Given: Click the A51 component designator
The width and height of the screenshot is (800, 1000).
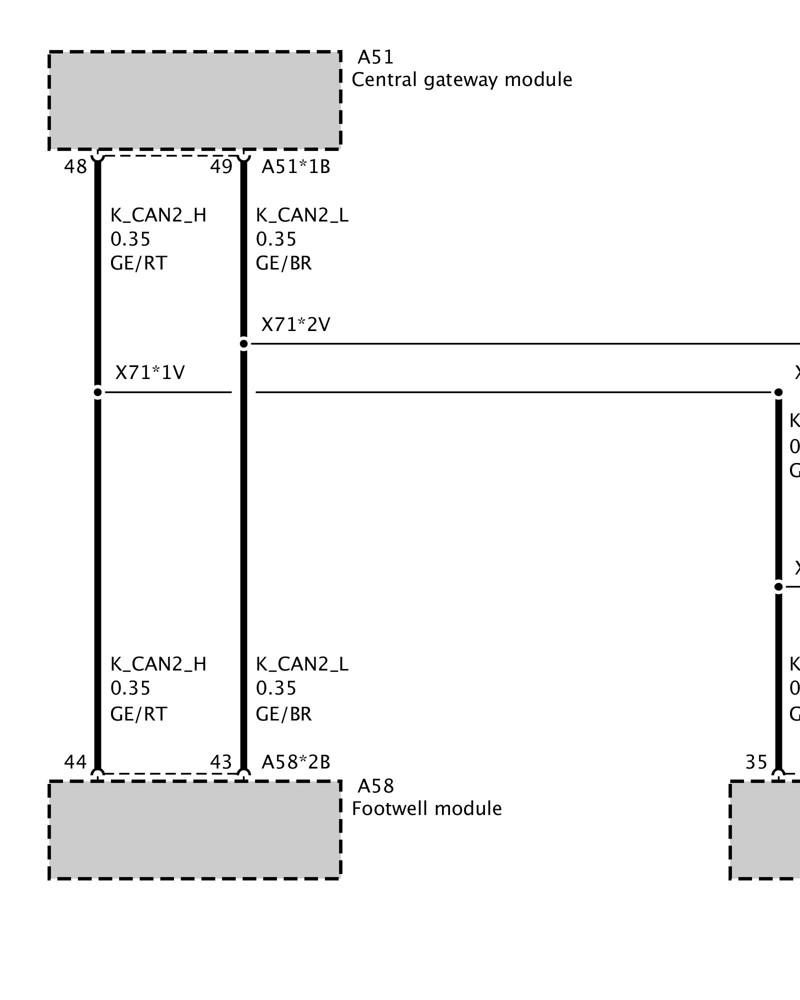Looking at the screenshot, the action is pyautogui.click(x=375, y=57).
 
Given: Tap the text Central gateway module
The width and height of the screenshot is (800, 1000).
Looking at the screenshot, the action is pyautogui.click(x=461, y=80).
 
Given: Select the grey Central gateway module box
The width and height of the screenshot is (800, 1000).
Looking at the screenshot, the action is pyautogui.click(x=194, y=100).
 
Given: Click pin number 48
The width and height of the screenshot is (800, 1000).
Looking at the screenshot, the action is pyautogui.click(x=75, y=167).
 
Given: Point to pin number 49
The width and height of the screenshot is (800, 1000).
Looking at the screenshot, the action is pyautogui.click(x=221, y=167).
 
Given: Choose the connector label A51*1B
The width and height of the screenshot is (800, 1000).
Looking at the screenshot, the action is pyautogui.click(x=296, y=167).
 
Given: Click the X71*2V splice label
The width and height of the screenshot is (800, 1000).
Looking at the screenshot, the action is pyautogui.click(x=296, y=325).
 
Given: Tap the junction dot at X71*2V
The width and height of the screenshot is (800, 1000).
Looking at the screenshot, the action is pyautogui.click(x=243, y=344).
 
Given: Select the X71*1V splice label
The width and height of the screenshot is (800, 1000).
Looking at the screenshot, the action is pyautogui.click(x=150, y=373).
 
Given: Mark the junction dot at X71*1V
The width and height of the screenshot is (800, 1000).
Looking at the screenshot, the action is pyautogui.click(x=98, y=392).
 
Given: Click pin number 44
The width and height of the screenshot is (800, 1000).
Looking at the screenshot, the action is pyautogui.click(x=75, y=762).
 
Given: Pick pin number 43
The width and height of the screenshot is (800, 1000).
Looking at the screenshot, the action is pyautogui.click(x=221, y=762).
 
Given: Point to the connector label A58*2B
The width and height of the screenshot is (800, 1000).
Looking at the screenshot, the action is pyautogui.click(x=296, y=762).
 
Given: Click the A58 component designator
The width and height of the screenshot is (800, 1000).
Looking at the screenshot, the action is pyautogui.click(x=375, y=787).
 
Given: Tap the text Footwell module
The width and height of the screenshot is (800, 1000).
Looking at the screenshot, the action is pyautogui.click(x=426, y=809).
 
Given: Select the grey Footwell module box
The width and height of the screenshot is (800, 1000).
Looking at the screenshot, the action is pyautogui.click(x=194, y=830).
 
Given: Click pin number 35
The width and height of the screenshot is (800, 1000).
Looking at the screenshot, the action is pyautogui.click(x=756, y=762).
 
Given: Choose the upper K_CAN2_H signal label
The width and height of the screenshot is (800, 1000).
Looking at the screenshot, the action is pyautogui.click(x=158, y=215).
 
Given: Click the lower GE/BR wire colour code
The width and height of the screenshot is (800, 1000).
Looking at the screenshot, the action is pyautogui.click(x=283, y=714).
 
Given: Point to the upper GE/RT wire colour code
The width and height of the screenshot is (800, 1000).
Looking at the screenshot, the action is pyautogui.click(x=138, y=263).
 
